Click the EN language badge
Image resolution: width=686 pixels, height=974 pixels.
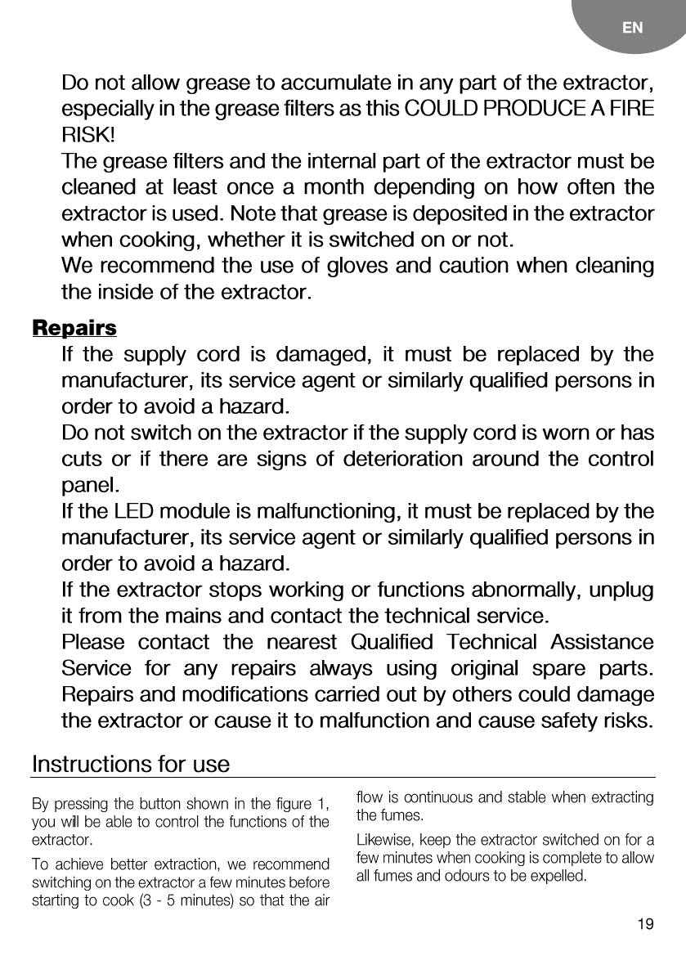pyautogui.click(x=632, y=28)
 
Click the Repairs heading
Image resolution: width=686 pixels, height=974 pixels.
pyautogui.click(x=74, y=329)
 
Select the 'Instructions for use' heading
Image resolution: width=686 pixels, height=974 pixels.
pyautogui.click(x=131, y=765)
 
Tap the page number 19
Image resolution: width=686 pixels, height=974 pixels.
pyautogui.click(x=645, y=925)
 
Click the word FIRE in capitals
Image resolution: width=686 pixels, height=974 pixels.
pyautogui.click(x=631, y=109)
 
